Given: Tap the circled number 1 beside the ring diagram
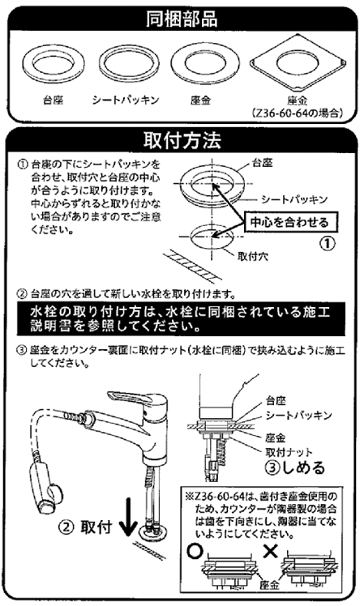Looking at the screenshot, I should pos(324,242).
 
